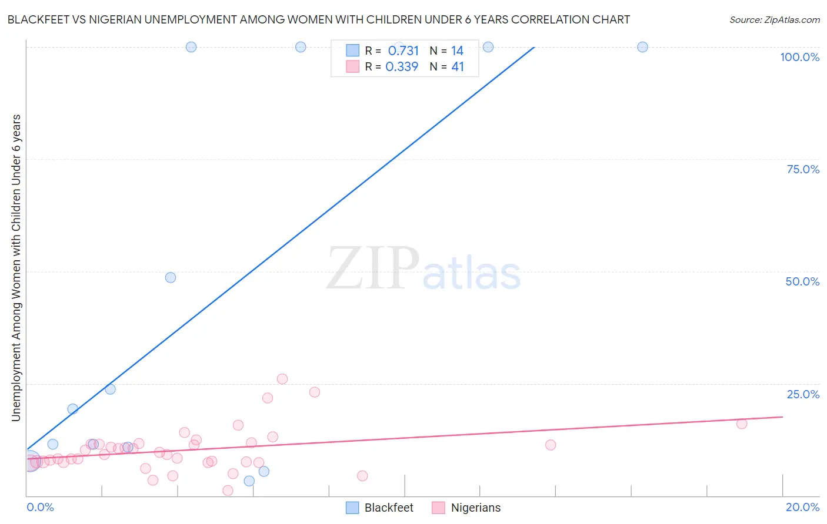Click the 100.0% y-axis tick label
pyautogui.click(x=799, y=57)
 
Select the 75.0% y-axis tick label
pyautogui.click(x=803, y=169)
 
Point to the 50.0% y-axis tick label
pyautogui.click(x=802, y=281)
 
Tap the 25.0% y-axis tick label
pyautogui.click(x=803, y=394)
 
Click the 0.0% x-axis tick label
pyautogui.click(x=40, y=507)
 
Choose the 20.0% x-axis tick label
pyautogui.click(x=802, y=507)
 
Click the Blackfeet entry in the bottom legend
pyautogui.click(x=388, y=508)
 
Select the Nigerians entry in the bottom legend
pyautogui.click(x=475, y=508)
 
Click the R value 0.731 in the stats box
pyautogui.click(x=403, y=51)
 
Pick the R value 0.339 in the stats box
pyautogui.click(x=402, y=67)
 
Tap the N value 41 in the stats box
pyautogui.click(x=458, y=67)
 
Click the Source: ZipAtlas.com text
pyautogui.click(x=774, y=19)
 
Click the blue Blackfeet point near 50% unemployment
pyautogui.click(x=171, y=277)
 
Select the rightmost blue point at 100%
pyautogui.click(x=642, y=47)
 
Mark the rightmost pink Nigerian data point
pyautogui.click(x=742, y=424)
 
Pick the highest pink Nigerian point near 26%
pyautogui.click(x=282, y=379)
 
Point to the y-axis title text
pyautogui.click(x=16, y=268)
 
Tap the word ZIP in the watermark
pyautogui.click(x=372, y=268)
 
